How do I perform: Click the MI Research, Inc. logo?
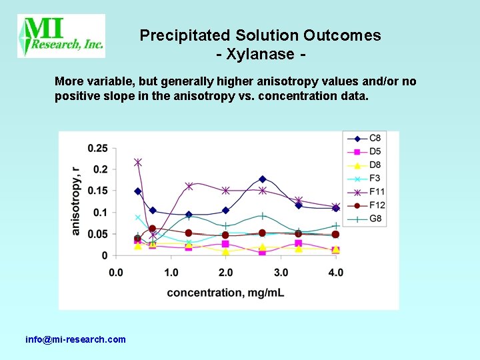pos(61,36)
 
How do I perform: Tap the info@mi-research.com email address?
pos(75,339)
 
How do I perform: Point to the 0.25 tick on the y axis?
pos(97,148)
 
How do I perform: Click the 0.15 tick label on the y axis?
pos(97,191)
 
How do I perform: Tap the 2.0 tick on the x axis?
pos(225,272)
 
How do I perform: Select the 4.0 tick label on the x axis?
pos(336,272)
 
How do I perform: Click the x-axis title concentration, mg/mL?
pos(225,292)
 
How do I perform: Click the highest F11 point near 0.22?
pos(138,163)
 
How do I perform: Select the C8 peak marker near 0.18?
pos(263,179)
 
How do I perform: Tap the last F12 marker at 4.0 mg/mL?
pos(336,235)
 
